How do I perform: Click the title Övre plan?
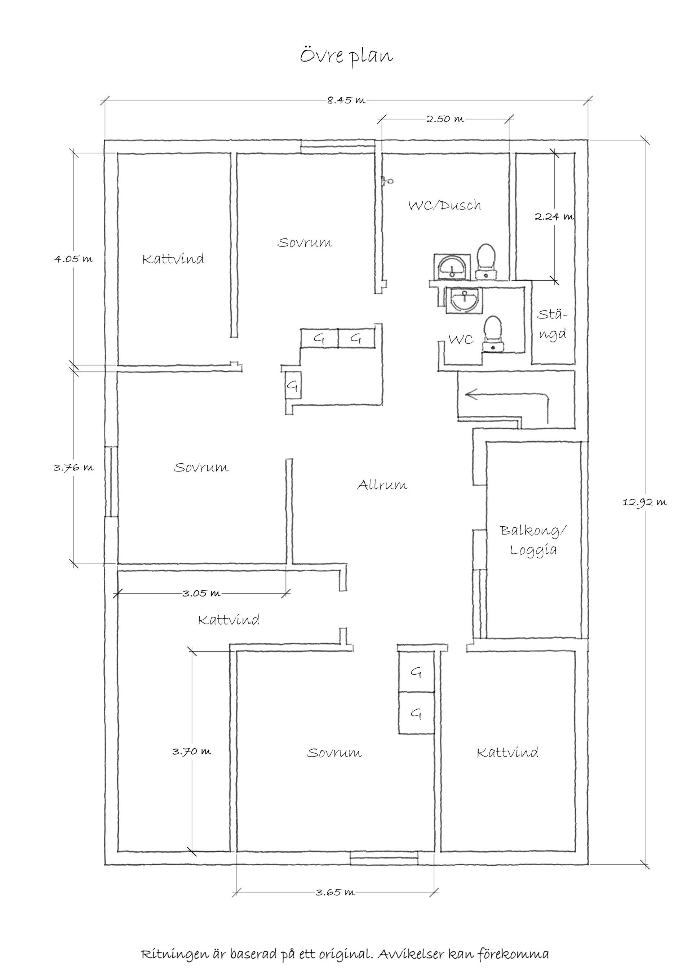pos(346,56)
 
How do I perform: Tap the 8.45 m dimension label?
pos(346,101)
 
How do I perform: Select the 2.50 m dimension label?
pos(445,119)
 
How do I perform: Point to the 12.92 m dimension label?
pos(644,503)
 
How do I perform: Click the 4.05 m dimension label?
pos(73,259)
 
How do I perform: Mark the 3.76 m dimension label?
pos(73,468)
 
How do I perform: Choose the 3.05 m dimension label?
pos(201,593)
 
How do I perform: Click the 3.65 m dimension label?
pos(335,892)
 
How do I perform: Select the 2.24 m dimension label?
pos(554,216)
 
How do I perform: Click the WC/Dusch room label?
pos(444,206)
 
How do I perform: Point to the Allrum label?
pos(382,485)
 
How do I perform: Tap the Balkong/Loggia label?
pos(533,540)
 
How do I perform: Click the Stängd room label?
pos(552,325)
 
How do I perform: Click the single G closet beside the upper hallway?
pos(292,386)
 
